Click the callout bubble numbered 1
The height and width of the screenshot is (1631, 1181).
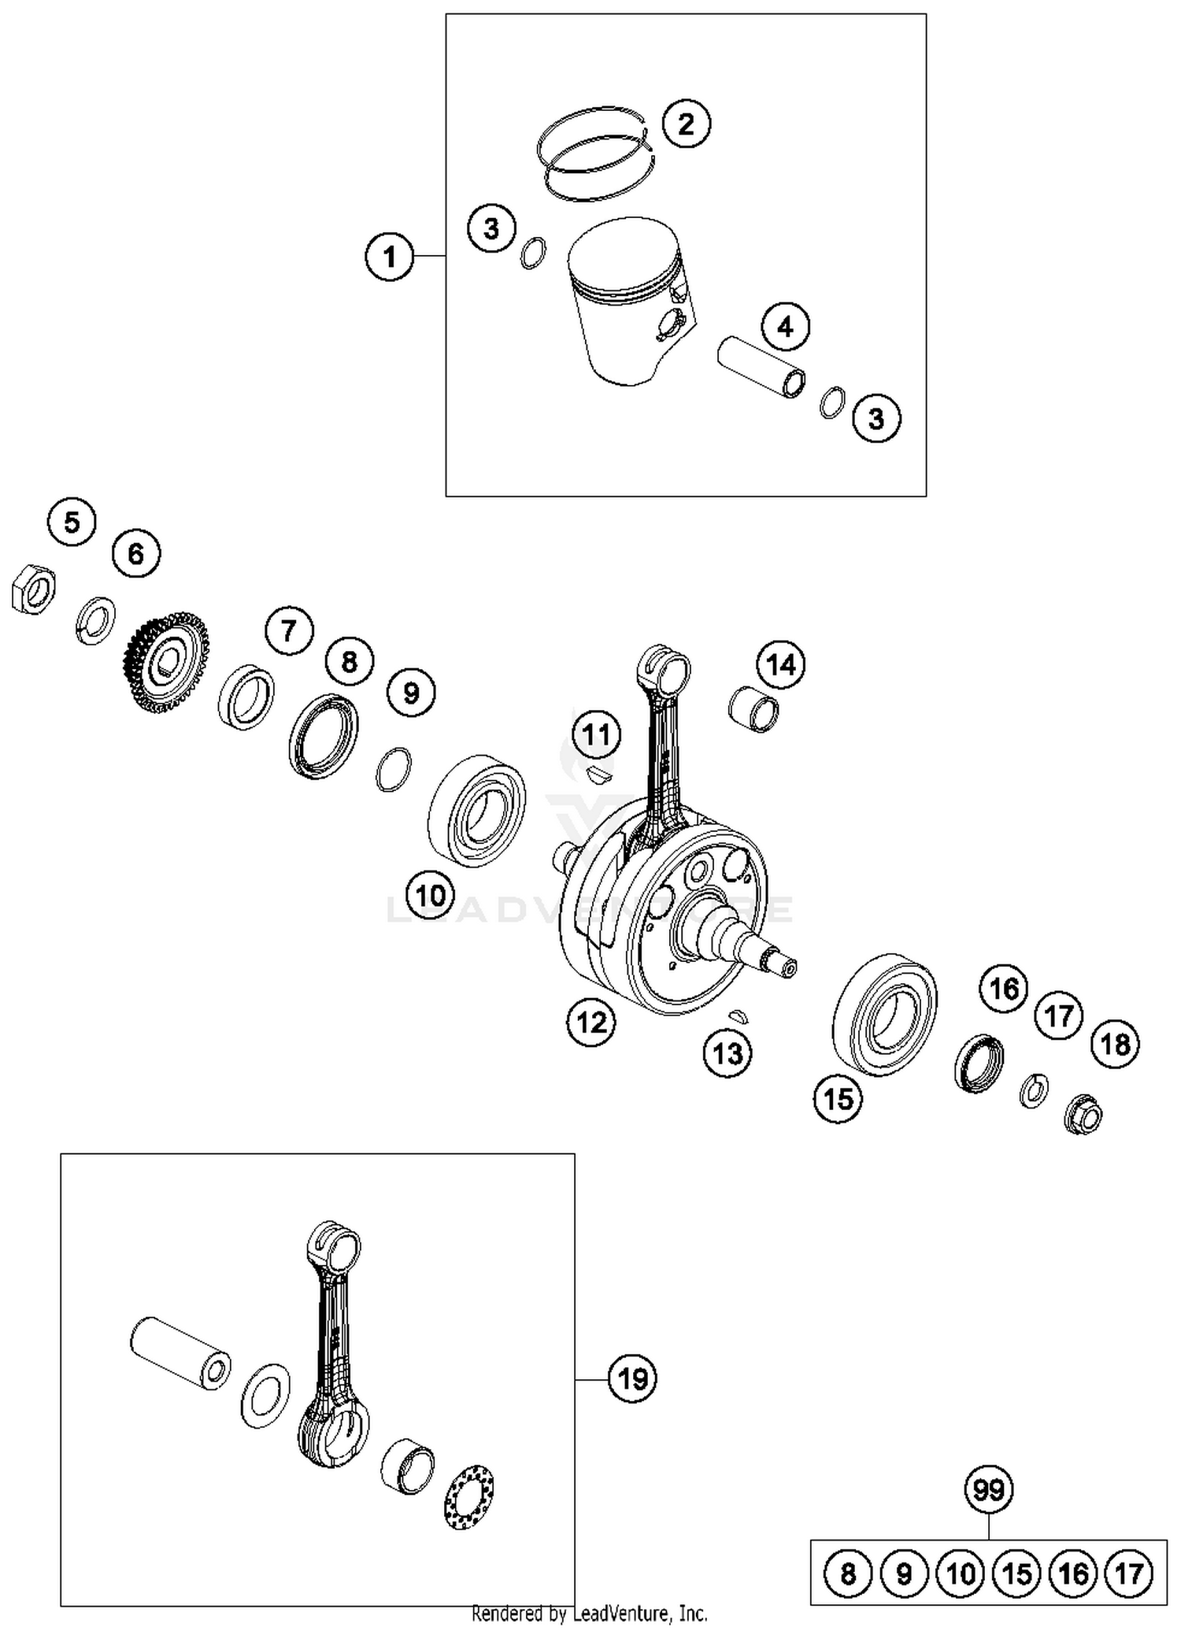[390, 256]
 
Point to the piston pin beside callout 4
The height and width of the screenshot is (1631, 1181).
[761, 366]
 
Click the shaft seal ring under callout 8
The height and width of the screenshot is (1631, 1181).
[323, 736]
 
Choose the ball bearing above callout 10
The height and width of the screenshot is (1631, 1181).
[478, 811]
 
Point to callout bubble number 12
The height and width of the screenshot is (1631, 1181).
[590, 1022]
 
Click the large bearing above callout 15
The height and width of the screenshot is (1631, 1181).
[884, 1015]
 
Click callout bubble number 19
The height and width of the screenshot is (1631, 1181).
[632, 1378]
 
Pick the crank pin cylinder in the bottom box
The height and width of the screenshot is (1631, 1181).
[180, 1353]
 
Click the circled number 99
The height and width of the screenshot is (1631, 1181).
[989, 1489]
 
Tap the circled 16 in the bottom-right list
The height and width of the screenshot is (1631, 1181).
[1073, 1574]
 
